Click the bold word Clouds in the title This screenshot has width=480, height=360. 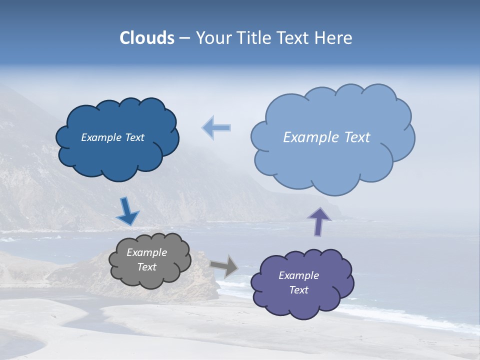147,38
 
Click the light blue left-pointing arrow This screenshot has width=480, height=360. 217,128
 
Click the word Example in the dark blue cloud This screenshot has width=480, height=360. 100,137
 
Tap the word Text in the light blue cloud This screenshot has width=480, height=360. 357,137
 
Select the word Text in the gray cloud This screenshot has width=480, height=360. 146,267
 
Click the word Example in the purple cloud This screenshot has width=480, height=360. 298,275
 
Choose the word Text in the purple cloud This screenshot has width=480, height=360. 298,290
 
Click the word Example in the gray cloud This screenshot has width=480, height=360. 146,252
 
